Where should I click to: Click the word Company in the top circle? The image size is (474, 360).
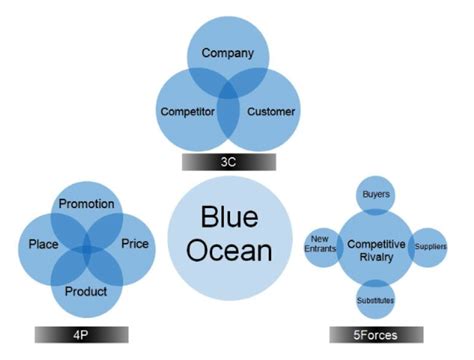(227, 52)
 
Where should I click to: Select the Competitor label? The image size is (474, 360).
(187, 111)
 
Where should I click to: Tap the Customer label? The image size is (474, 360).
(270, 111)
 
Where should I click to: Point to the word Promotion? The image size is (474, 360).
(86, 204)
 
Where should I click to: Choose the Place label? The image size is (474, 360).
(42, 243)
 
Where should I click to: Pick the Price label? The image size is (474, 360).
(134, 243)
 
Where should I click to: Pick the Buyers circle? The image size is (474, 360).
(376, 193)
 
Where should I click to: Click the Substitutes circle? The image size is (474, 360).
(375, 299)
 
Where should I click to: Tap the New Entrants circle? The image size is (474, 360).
(321, 246)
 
